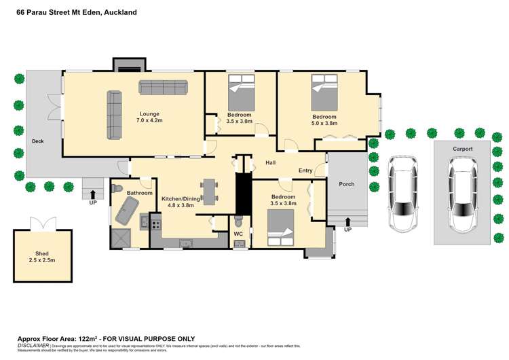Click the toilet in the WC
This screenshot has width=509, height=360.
tap(238, 222)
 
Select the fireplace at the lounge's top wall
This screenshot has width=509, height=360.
tap(128, 65)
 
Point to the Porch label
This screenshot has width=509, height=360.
tap(346, 184)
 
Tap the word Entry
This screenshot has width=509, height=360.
tap(305, 170)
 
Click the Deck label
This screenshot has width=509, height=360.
tap(38, 142)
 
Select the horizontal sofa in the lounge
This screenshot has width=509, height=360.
tap(164, 87)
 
